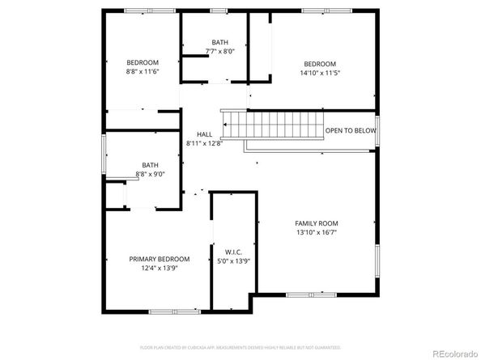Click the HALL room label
point(204,134)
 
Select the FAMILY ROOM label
point(317,223)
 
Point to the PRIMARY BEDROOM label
point(160,259)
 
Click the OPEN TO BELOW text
point(351,130)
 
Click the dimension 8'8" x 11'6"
point(143,71)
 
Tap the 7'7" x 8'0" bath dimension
point(220,51)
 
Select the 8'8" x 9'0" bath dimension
point(151,174)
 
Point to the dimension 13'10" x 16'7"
point(317,232)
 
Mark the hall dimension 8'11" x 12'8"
point(204,143)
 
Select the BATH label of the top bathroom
point(220,42)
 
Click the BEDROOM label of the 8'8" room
point(143,62)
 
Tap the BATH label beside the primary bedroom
point(151,165)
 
